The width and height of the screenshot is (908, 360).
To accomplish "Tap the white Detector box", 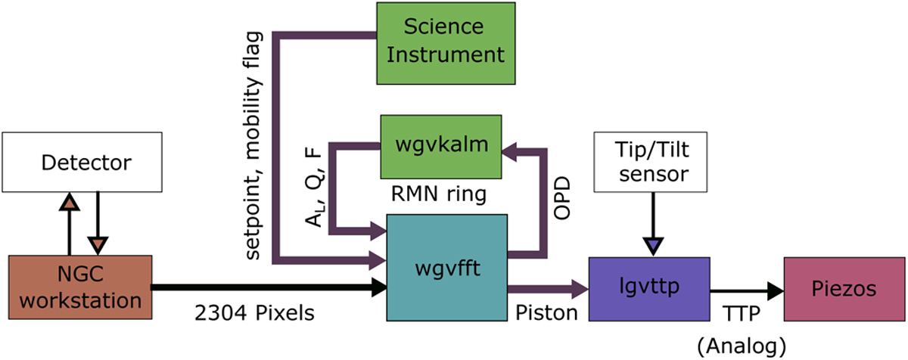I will (x=82, y=162).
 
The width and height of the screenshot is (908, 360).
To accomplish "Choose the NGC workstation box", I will (x=80, y=287).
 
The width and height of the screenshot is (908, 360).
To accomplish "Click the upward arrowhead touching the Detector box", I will (x=69, y=202).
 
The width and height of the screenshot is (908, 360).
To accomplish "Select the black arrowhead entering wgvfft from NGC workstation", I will (x=378, y=287).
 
